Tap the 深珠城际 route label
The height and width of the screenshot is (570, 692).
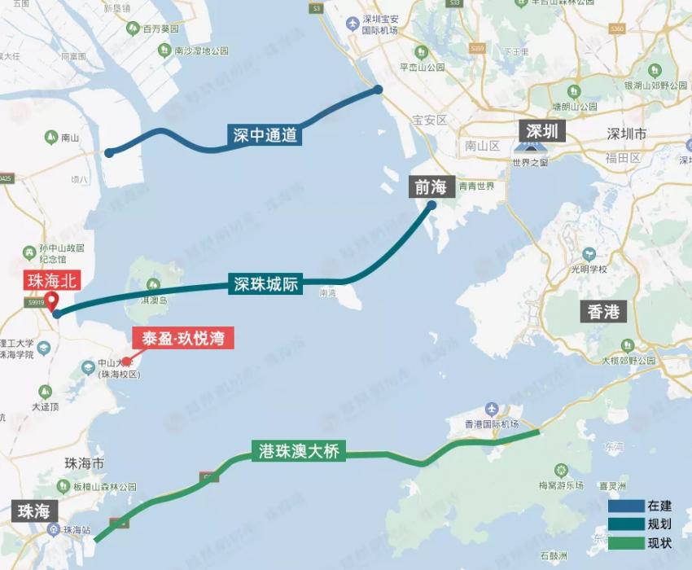(x=266, y=284)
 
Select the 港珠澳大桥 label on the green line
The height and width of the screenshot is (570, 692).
(x=299, y=451)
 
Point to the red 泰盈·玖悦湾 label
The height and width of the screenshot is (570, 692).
(x=183, y=338)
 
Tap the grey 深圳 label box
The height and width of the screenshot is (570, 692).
(x=541, y=131)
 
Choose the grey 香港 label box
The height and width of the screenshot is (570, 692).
(x=603, y=311)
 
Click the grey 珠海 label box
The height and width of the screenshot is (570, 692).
(x=34, y=511)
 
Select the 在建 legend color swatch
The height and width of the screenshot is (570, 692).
(x=625, y=506)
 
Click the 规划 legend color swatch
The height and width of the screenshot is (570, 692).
(x=625, y=524)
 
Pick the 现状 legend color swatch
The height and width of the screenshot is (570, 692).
(x=625, y=542)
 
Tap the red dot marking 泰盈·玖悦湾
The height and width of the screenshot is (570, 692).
(x=126, y=361)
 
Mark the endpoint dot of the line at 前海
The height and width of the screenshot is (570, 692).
(x=431, y=205)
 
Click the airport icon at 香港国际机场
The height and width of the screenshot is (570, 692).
(x=491, y=408)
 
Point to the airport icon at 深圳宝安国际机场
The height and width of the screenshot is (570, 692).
(x=352, y=24)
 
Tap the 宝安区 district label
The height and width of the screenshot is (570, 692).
(x=430, y=120)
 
